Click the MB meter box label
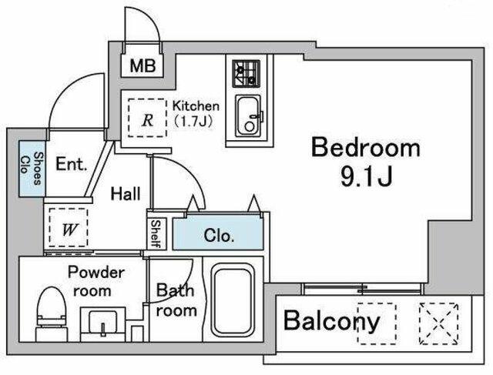click(x=143, y=66)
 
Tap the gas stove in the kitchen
click(x=246, y=74)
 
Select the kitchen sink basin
click(x=248, y=116)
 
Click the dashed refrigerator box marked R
click(x=147, y=118)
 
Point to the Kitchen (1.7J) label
click(x=196, y=113)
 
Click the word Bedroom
click(x=366, y=148)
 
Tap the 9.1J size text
click(x=367, y=176)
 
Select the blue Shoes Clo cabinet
click(x=32, y=169)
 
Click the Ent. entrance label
click(x=71, y=164)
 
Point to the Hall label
click(x=126, y=193)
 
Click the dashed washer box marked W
click(x=69, y=228)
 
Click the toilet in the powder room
click(x=52, y=313)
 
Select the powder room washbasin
click(x=102, y=324)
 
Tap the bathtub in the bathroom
click(x=233, y=300)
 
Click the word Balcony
click(x=332, y=320)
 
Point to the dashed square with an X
click(x=438, y=323)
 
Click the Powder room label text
click(x=96, y=281)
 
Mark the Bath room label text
click(x=176, y=300)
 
